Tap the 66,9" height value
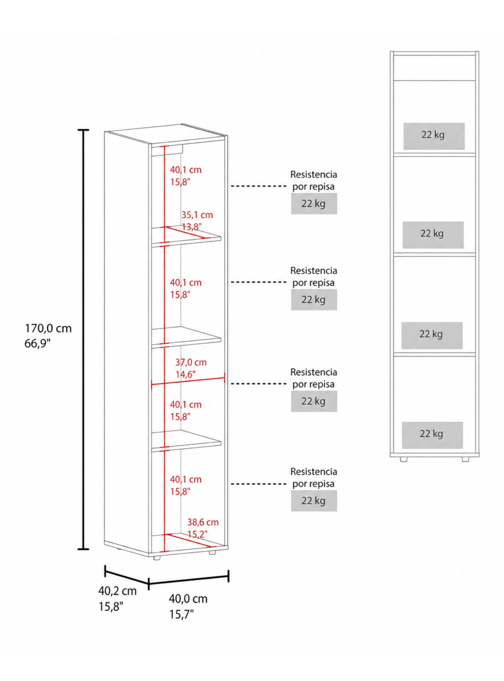click(38, 344)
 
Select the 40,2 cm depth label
click(117, 591)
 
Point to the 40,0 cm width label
click(188, 599)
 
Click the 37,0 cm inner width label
click(191, 362)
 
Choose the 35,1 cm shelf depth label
click(197, 215)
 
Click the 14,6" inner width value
click(186, 374)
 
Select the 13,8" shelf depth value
click(192, 227)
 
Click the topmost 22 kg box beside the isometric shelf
click(314, 203)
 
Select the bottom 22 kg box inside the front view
click(432, 435)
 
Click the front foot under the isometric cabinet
click(157, 557)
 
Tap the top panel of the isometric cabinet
click(166, 134)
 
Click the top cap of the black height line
click(83, 130)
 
